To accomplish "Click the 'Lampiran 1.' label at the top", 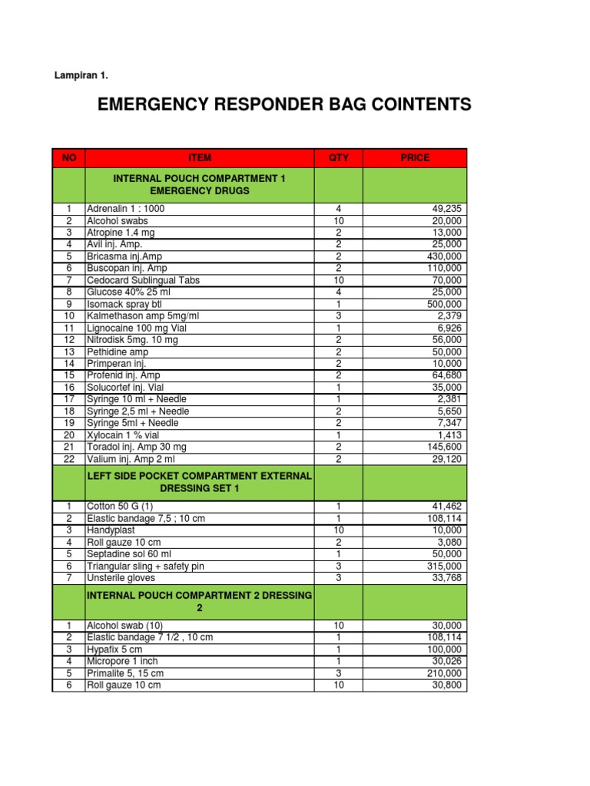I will point(81,75).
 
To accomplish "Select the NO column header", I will point(69,158).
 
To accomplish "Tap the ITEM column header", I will point(199,158).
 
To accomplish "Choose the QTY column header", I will point(338,158).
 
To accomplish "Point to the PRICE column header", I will point(415,158).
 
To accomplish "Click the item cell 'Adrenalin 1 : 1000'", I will point(126,209).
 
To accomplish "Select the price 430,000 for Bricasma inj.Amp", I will point(445,256).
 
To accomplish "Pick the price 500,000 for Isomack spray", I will point(445,304).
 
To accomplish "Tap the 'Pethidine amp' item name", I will point(117,352).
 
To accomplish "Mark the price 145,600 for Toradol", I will point(445,447).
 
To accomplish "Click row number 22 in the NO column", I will point(69,459).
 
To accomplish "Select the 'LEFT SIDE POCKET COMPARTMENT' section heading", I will point(199,477).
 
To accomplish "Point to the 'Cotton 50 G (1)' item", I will point(120,507).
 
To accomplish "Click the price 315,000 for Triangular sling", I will point(445,566).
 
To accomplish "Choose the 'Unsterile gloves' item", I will point(121,578).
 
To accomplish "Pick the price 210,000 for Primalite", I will point(445,673).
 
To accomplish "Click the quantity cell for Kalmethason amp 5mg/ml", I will point(338,316).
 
